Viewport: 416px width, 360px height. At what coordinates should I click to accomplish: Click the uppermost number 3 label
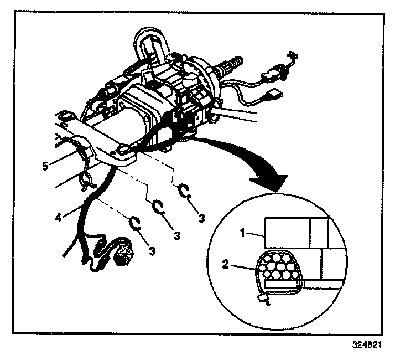[201, 219]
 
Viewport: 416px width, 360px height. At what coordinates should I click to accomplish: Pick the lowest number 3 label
[152, 251]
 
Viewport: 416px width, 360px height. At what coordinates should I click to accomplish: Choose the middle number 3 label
[176, 235]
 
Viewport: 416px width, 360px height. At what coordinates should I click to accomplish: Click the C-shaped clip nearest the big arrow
[185, 191]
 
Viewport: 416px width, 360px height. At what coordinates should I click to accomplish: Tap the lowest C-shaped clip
[135, 223]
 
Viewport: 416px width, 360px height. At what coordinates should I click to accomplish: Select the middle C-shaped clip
[159, 207]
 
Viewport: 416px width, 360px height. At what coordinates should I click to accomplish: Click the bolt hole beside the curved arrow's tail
[123, 148]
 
